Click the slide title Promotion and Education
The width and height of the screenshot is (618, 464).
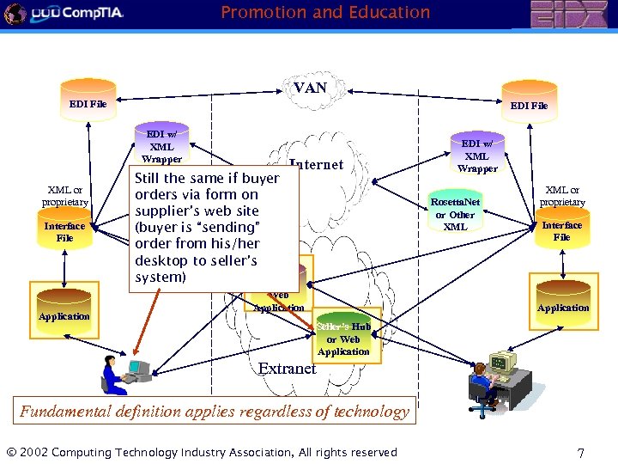[x=325, y=12]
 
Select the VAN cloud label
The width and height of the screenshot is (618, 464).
[x=310, y=88]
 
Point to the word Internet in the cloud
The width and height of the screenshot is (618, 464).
[x=317, y=165]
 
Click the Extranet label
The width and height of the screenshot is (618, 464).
[x=288, y=369]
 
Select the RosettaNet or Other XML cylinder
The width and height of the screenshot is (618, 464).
[x=456, y=211]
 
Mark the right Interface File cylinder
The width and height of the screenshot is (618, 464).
[x=561, y=228]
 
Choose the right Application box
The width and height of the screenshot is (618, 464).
[x=563, y=302]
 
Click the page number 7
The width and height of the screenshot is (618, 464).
[x=581, y=452]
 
